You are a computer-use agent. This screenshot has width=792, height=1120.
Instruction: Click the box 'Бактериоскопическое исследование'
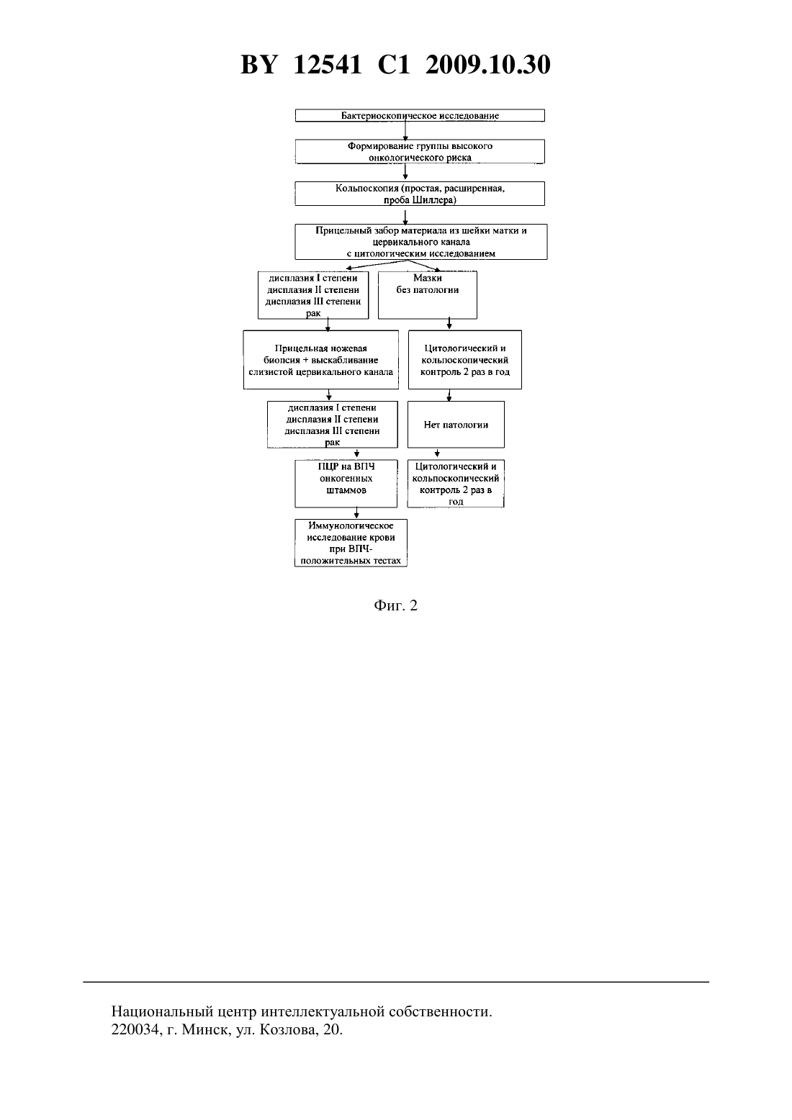420,115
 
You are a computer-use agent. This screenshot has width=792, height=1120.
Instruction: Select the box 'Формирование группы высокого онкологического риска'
420,151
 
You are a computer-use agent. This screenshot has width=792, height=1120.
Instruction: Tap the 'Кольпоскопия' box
420,194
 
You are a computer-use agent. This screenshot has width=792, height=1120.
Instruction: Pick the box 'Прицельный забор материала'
421,242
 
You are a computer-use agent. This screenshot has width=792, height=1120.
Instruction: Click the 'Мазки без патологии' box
428,295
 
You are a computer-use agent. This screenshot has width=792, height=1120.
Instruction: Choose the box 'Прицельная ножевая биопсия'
321,359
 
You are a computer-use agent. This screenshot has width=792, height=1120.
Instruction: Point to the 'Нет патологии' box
456,425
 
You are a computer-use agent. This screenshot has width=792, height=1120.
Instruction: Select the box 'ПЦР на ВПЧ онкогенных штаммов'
346,484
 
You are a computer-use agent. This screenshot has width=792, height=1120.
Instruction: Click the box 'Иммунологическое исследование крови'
351,543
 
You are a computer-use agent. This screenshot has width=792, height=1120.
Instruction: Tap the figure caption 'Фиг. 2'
395,605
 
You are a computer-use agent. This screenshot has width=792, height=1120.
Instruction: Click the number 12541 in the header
327,65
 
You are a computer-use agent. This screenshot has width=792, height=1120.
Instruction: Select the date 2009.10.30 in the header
488,65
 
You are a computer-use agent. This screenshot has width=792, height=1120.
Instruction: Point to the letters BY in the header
258,65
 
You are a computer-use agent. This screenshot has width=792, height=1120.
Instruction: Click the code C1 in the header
394,65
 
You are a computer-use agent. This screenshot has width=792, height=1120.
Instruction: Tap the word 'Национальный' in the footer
161,1011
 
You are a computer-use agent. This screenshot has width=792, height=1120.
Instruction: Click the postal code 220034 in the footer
134,1029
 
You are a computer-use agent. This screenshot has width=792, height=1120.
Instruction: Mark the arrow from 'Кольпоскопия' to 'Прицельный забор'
405,217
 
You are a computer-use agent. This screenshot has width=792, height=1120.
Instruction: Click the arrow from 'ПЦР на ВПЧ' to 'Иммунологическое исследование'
356,513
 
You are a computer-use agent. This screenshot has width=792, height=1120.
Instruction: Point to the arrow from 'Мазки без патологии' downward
449,324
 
